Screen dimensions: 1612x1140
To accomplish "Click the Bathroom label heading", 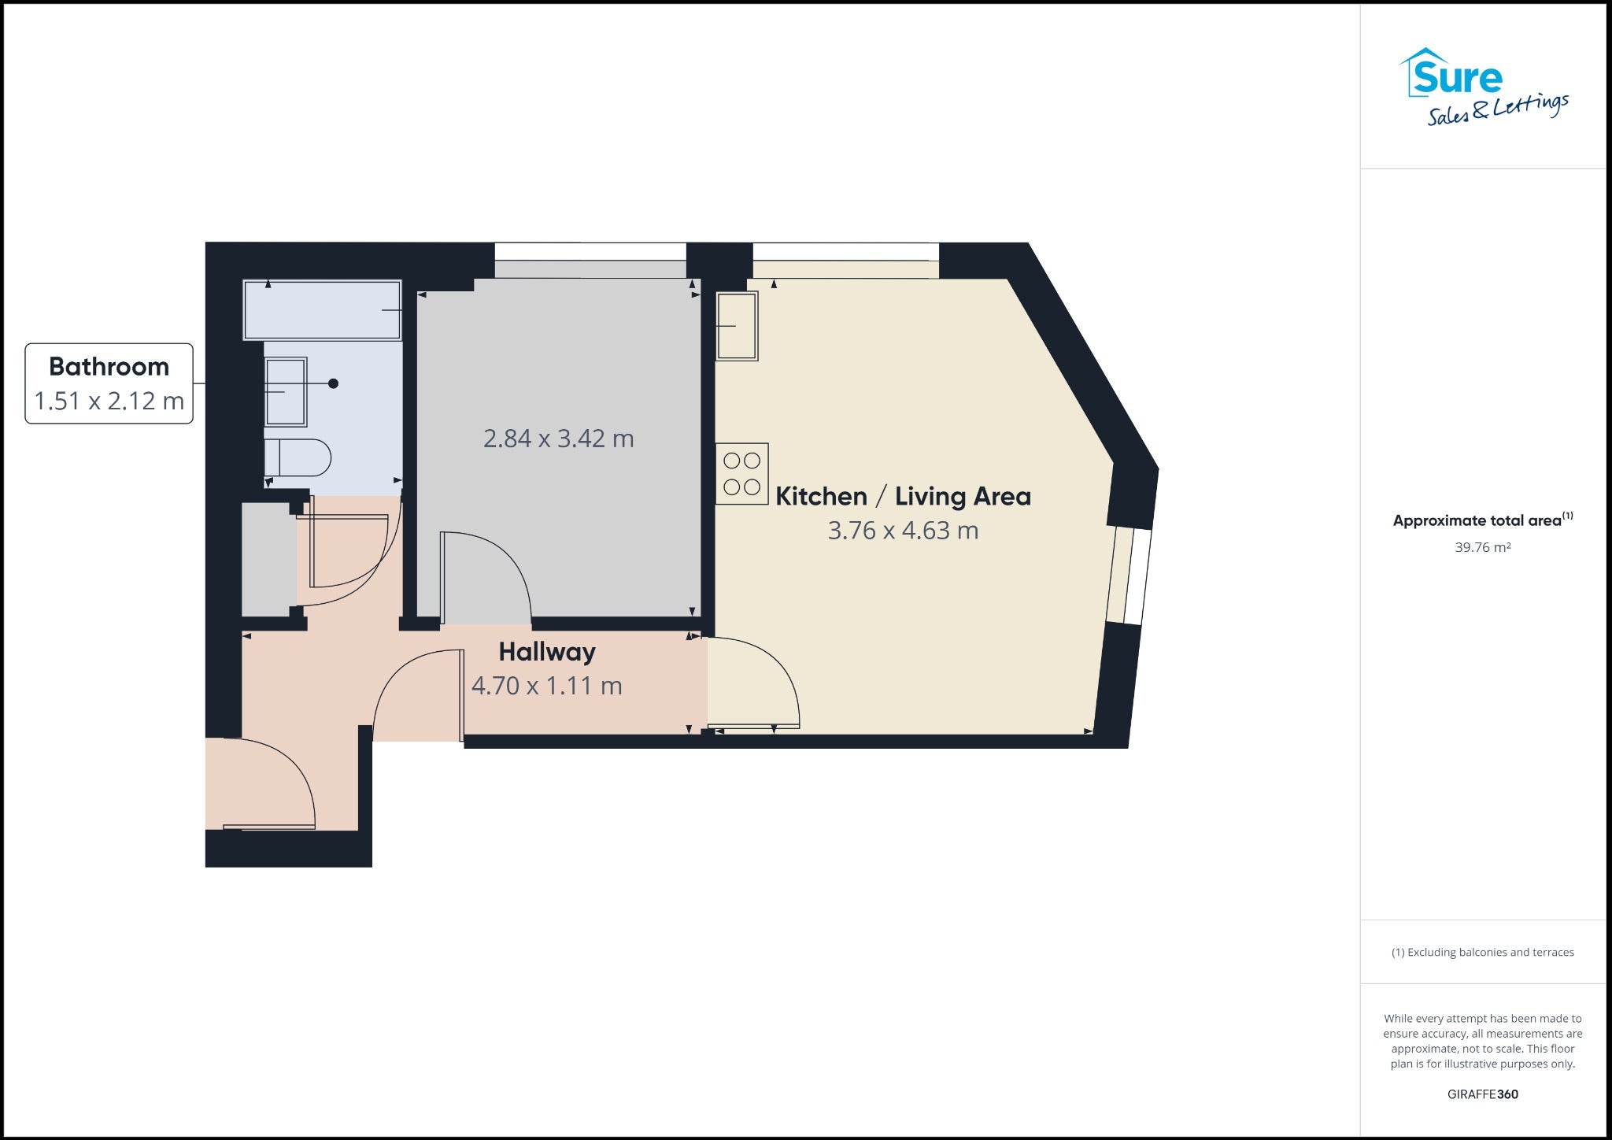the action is (x=109, y=367).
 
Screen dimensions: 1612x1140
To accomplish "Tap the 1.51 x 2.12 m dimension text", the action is (x=109, y=401).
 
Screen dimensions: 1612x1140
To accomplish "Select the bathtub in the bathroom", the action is (x=322, y=310).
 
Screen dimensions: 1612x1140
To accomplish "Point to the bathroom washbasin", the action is (x=286, y=391).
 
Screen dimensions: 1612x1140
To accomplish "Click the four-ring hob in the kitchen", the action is (x=741, y=473).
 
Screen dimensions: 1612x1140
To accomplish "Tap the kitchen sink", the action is (x=737, y=326).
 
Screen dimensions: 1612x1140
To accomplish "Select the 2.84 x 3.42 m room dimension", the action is (x=559, y=439).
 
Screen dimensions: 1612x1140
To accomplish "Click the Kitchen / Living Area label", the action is (x=903, y=496).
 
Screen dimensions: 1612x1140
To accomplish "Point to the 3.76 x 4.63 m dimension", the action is (x=903, y=531).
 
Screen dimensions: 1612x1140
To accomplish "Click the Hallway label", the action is (x=547, y=652).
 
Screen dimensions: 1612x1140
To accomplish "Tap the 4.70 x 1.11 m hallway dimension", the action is (x=547, y=686).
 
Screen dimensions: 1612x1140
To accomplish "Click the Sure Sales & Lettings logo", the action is (x=1483, y=87).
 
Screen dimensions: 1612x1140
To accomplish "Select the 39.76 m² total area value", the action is (x=1483, y=547).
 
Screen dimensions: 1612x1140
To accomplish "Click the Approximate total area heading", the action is (x=1483, y=520).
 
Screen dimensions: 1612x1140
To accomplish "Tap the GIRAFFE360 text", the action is (x=1483, y=1094).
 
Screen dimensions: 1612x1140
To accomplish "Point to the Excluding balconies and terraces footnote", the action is (x=1483, y=953).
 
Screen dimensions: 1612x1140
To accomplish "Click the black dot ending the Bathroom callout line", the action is (x=334, y=383).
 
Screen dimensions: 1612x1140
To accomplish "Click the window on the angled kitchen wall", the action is (x=1130, y=576).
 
